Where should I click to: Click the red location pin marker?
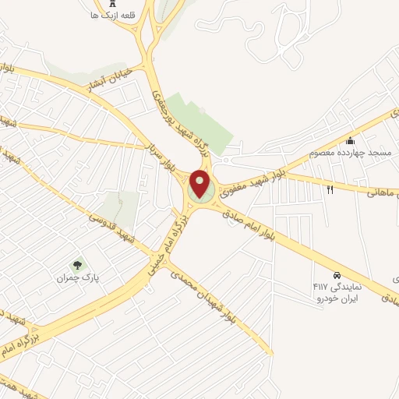200,183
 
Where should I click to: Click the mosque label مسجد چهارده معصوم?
343,153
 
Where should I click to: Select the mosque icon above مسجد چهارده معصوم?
351,141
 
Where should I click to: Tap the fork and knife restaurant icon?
330,189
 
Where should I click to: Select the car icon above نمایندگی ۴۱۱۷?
336,276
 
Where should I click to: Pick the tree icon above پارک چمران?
76,266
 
